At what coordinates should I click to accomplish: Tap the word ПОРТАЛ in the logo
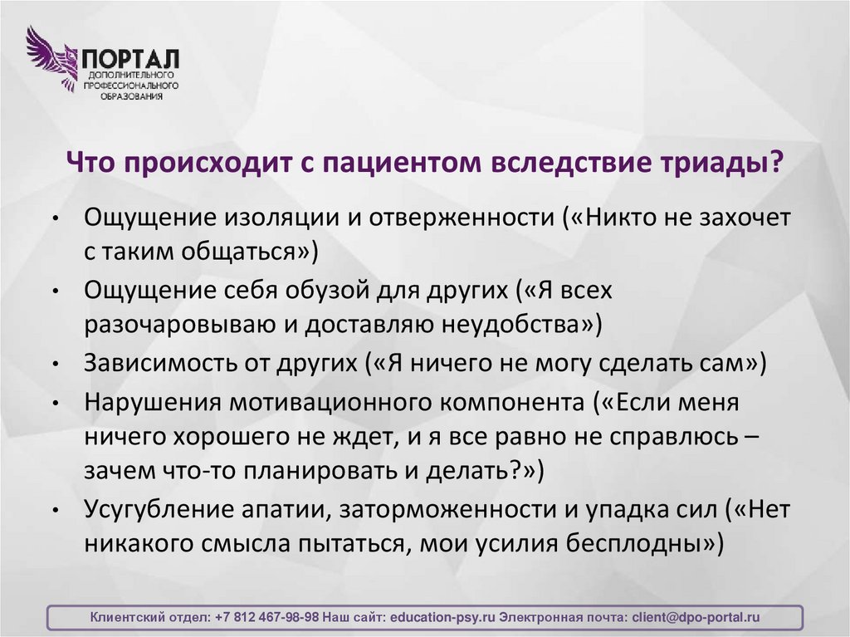point(129,59)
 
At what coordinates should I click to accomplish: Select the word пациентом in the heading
point(397,160)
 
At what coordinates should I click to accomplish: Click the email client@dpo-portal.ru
point(696,618)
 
